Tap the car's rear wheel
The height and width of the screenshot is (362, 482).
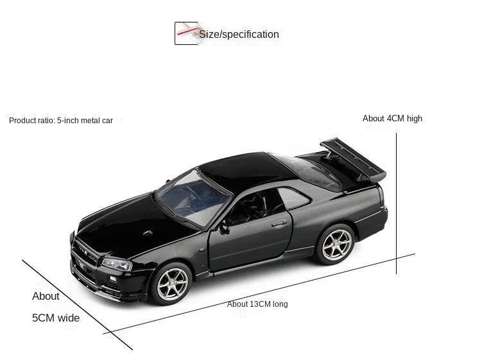334,243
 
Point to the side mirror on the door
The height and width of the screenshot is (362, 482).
224,228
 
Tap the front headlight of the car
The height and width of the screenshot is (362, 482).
117,263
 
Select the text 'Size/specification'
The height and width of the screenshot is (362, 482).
239,34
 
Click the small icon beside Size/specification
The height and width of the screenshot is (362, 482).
186,33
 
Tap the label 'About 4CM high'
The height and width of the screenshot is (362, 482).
392,118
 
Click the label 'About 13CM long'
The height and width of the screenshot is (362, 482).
257,304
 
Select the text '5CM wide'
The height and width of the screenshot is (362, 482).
56,318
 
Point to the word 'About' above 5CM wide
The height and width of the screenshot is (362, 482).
46,296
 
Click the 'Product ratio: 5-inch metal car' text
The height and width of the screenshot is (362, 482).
61,120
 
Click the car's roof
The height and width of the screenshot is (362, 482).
237,167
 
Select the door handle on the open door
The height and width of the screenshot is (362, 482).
279,224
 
